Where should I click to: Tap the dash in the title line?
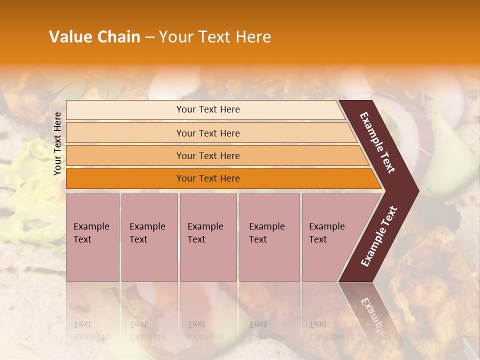pos(149,37)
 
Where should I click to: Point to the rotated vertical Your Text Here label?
pos(57,143)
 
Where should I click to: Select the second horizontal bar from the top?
pos(208,133)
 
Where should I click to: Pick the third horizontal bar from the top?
pos(208,155)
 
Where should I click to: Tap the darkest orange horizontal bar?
pos(208,178)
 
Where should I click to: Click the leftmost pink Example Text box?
pos(92,237)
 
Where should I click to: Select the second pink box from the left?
pos(149,237)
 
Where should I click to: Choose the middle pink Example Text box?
pos(208,237)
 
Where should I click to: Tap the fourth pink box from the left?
pos(269,237)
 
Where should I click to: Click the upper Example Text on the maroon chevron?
pos(377,142)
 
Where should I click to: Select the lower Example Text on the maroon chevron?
pos(379,236)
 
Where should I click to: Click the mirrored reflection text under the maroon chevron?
pos(372,315)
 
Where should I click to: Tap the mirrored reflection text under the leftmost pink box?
pos(91,330)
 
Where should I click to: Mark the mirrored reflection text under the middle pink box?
pos(205,330)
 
